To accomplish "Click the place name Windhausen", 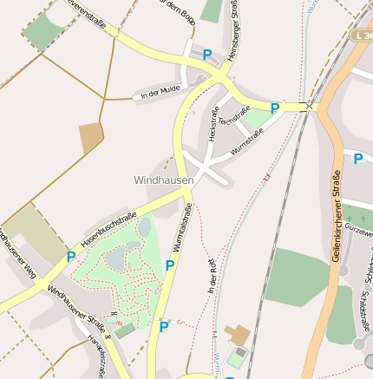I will click(163, 180).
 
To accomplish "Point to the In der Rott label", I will click(213, 275).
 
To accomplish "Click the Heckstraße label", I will click(213, 123).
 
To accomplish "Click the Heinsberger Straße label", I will click(232, 30).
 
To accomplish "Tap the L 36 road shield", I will click(363, 36).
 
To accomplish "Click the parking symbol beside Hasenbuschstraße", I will click(70, 257).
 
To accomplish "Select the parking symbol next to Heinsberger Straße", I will click(207, 55).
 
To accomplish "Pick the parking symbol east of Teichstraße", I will click(275, 108).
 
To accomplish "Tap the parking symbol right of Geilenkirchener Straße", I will click(357, 158).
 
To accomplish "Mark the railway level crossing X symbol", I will click(308, 106).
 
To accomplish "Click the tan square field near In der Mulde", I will click(91, 138).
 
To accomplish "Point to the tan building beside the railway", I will click(235, 333).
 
